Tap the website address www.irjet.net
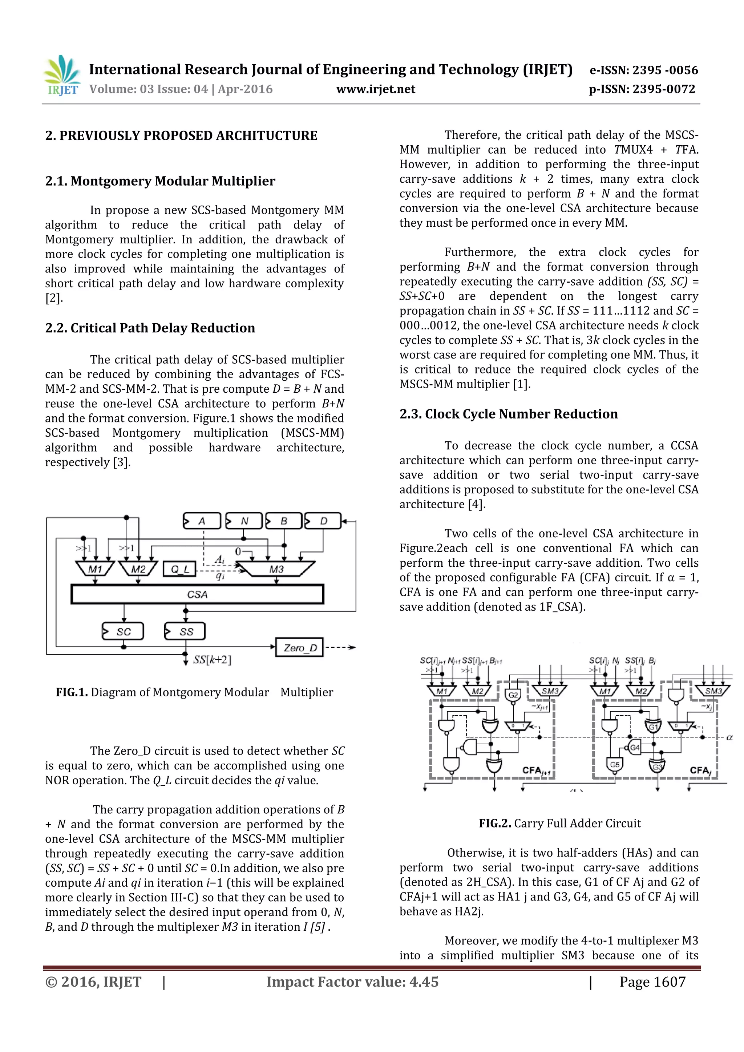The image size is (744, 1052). [376, 89]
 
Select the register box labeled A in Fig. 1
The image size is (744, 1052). [202, 521]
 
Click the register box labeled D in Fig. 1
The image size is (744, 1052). [323, 521]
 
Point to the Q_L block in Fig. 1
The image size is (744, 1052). [179, 570]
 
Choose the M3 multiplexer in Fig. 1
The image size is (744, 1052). [276, 569]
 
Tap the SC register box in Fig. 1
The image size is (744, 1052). [123, 631]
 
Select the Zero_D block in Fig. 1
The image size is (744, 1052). [300, 647]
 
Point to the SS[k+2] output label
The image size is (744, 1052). [212, 660]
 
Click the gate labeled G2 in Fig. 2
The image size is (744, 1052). [513, 695]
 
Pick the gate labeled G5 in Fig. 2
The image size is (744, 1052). [614, 765]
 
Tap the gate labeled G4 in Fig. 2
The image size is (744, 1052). [635, 747]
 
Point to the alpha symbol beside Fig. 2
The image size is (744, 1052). [729, 738]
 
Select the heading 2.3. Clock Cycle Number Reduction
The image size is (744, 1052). [509, 414]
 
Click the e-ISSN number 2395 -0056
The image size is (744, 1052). [665, 70]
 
